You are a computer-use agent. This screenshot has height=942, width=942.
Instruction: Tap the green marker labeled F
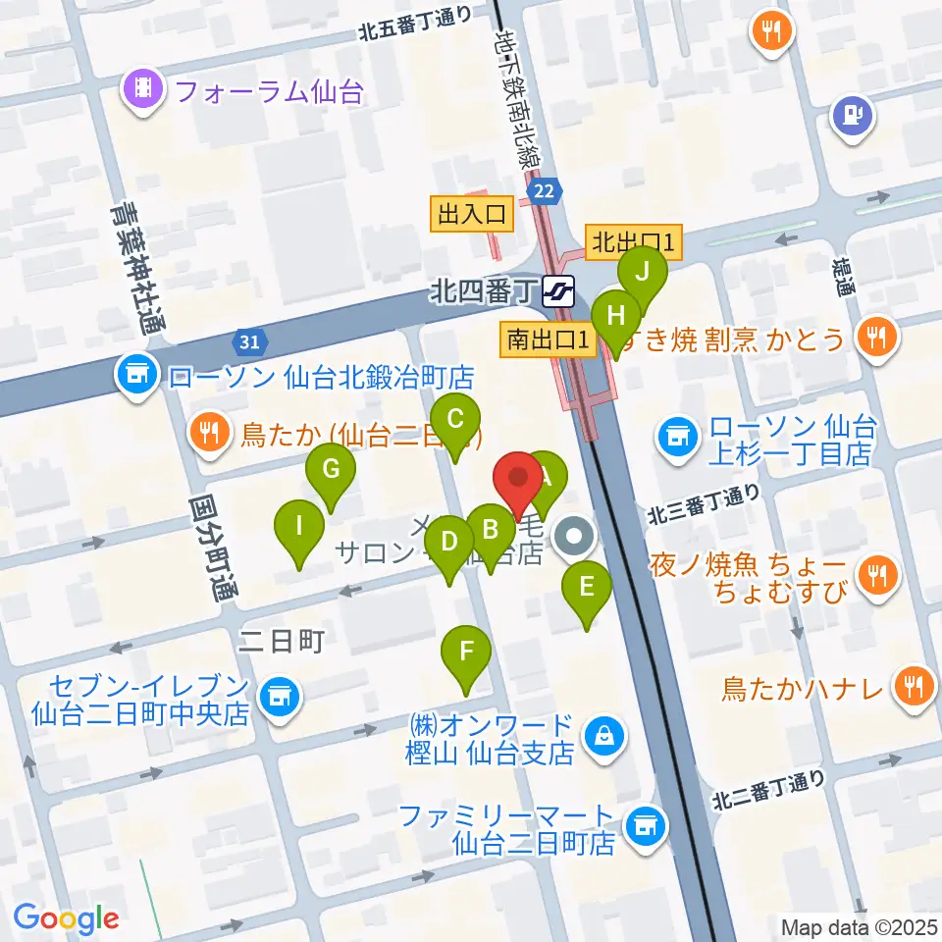(x=466, y=652)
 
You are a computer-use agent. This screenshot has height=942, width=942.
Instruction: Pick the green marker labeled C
(x=455, y=420)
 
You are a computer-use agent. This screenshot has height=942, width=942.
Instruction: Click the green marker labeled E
(x=587, y=589)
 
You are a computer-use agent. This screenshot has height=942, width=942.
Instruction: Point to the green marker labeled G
(x=331, y=470)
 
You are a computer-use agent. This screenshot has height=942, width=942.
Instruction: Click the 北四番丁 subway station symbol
(x=558, y=290)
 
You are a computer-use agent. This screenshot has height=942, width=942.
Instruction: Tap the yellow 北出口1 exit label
(x=633, y=241)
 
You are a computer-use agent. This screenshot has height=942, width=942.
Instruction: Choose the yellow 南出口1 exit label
(x=549, y=340)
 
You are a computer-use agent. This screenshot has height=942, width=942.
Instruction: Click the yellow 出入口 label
(x=471, y=214)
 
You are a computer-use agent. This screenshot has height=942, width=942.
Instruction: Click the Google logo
(x=67, y=918)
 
